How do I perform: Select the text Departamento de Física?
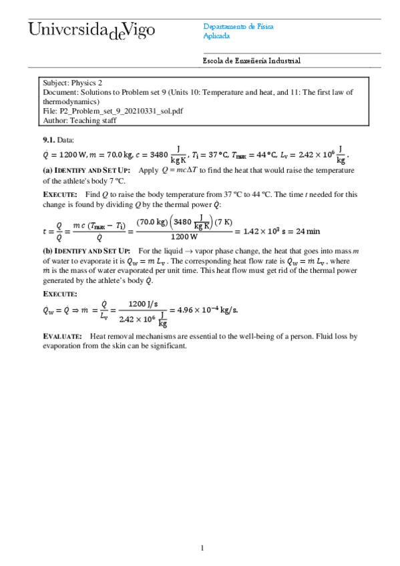click(238, 27)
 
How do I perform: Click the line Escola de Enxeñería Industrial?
click(252, 61)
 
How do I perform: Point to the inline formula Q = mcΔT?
click(189, 171)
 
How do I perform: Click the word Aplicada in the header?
click(216, 36)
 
